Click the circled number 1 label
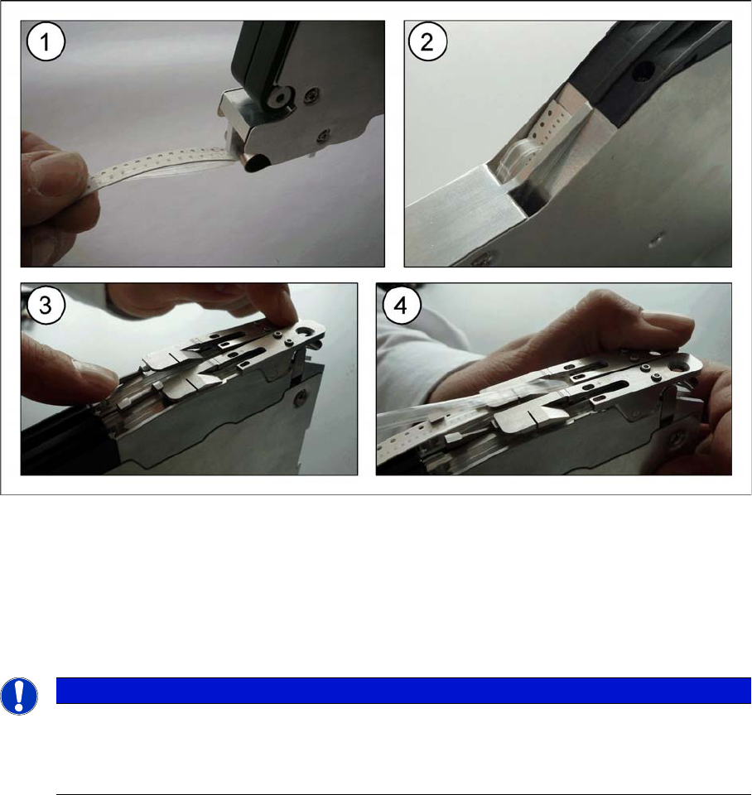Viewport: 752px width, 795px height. [46, 42]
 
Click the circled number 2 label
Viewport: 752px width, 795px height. [427, 42]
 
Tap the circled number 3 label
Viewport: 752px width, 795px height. [46, 306]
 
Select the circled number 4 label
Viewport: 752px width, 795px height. [402, 306]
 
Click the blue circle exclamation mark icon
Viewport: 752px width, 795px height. [19, 696]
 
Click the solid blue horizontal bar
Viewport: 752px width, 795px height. [403, 691]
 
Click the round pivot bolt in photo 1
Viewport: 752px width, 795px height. [278, 96]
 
